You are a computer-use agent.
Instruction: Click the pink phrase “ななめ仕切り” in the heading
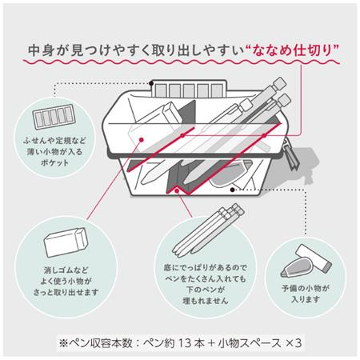pyautogui.click(x=291, y=51)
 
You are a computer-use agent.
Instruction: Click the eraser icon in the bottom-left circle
pyautogui.click(x=66, y=242)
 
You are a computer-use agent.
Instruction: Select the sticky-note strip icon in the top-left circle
pyautogui.click(x=54, y=117)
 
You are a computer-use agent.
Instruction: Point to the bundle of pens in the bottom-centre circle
pyautogui.click(x=208, y=230)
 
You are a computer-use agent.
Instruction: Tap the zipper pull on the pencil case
pyautogui.click(x=291, y=154)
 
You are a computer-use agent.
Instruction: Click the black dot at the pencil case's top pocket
pyautogui.click(x=151, y=83)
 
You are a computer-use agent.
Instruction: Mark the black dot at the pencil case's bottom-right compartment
pyautogui.click(x=232, y=190)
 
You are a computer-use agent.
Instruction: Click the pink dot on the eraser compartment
pyautogui.click(x=142, y=140)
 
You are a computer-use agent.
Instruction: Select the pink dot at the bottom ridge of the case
pyautogui.click(x=177, y=190)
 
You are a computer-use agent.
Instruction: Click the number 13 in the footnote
pyautogui.click(x=185, y=343)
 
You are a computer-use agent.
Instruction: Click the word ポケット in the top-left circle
pyautogui.click(x=54, y=162)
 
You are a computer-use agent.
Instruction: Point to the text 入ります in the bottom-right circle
pyautogui.click(x=306, y=299)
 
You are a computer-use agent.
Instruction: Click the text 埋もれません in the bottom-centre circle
pyautogui.click(x=206, y=301)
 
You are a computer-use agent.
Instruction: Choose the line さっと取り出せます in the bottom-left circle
pyautogui.click(x=66, y=293)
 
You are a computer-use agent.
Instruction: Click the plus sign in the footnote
pyautogui.click(x=211, y=343)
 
